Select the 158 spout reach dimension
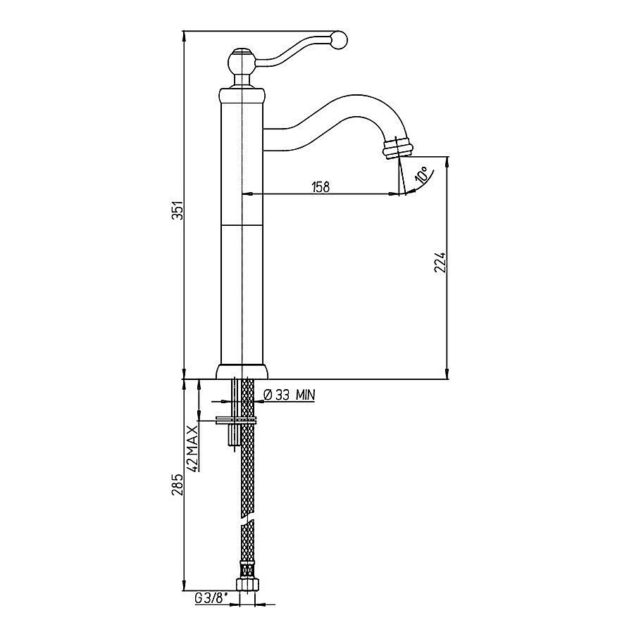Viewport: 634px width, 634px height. [x=321, y=187]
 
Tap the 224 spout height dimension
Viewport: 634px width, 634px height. [x=440, y=263]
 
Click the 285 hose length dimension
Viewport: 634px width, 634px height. [x=178, y=485]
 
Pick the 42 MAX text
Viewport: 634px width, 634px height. [x=193, y=448]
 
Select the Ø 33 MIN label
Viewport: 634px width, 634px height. [x=289, y=395]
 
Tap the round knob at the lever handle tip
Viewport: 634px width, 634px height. [x=340, y=41]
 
